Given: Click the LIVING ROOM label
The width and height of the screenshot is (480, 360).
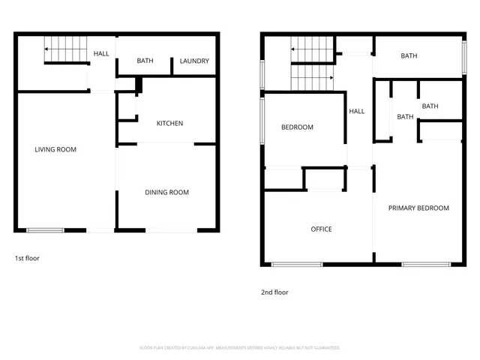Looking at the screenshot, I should pos(55,149).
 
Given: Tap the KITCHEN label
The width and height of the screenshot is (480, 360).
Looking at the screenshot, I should pos(169,124).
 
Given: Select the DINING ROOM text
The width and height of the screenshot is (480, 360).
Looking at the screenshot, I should pos(166,193).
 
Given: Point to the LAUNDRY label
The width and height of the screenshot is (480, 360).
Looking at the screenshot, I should pos(194,61).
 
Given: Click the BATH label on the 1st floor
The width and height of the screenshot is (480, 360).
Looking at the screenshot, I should pos(145,61).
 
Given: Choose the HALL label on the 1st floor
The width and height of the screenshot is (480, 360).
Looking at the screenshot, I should pos(100,54).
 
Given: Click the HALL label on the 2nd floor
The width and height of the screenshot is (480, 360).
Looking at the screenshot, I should pos(357,111).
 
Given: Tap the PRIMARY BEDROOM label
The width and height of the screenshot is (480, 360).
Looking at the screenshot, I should pos(418,208).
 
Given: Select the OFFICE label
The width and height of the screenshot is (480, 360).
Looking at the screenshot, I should pos(321,229).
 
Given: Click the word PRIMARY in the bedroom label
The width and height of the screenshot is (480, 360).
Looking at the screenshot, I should pos(403,208).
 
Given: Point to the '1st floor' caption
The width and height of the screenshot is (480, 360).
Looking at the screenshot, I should pos(27,258).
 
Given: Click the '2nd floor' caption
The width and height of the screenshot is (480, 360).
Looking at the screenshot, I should pos(274,292).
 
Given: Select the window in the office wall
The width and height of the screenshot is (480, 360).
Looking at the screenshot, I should pos(296,264).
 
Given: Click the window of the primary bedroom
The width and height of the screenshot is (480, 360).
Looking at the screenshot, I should pos(426,264).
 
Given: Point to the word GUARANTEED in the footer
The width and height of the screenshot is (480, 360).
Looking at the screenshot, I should pos(325,348).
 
